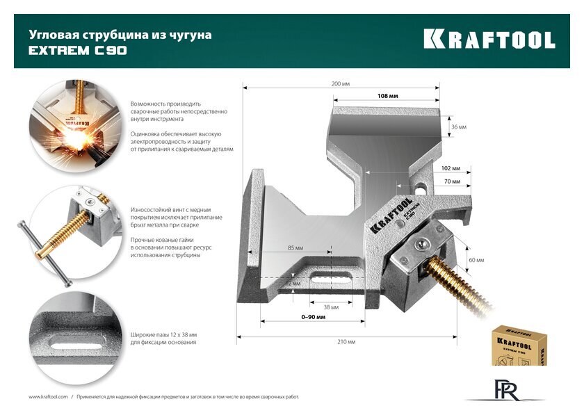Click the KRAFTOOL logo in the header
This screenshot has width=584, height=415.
point(489,40)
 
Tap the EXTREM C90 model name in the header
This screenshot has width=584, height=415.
point(77,51)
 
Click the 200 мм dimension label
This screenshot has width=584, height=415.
point(341,83)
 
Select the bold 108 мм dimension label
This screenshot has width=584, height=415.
point(387,96)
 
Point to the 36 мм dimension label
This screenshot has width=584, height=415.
point(458,127)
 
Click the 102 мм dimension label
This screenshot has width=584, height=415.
point(451,168)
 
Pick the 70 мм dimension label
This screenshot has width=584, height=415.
point(452,181)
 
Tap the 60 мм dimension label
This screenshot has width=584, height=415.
point(476,259)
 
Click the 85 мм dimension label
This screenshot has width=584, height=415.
point(295,248)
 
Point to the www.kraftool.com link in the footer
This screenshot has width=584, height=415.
point(47,396)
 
